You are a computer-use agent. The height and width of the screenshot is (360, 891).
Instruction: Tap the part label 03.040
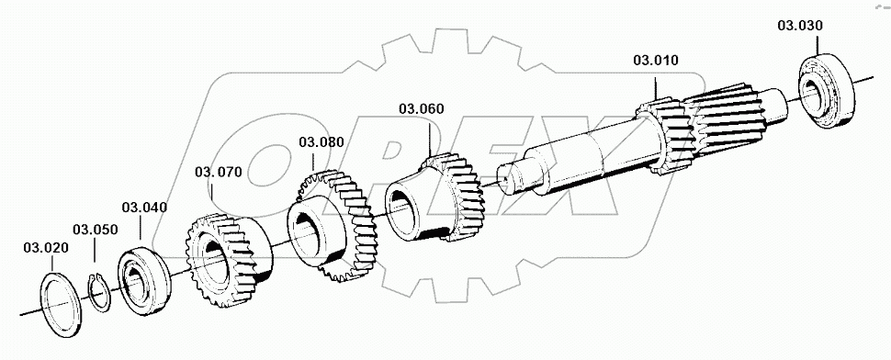(x=143, y=207)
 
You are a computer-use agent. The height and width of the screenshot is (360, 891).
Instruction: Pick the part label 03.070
(x=218, y=171)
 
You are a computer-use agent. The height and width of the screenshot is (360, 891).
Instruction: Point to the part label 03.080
(x=321, y=142)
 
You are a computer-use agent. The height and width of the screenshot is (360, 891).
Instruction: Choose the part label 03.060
(x=422, y=108)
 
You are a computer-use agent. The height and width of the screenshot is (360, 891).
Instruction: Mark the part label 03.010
(x=655, y=61)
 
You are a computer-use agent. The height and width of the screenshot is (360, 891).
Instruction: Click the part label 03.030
(x=799, y=26)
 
